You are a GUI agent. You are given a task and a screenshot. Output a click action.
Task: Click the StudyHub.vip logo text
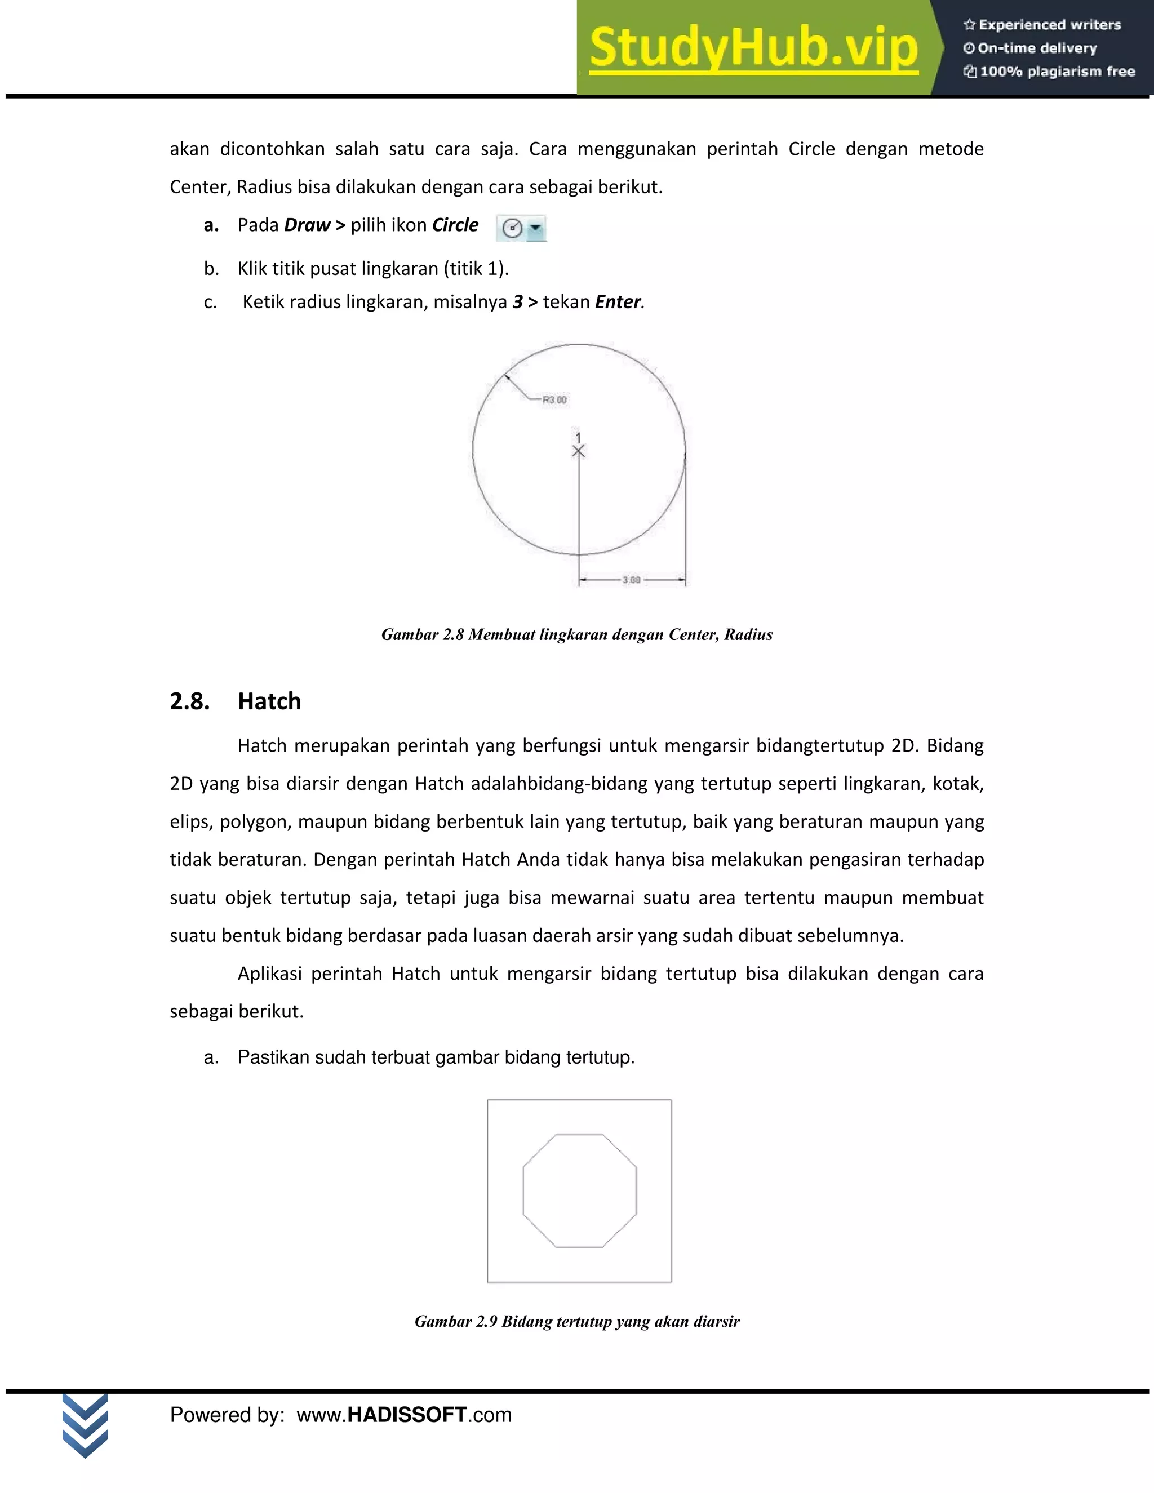(753, 48)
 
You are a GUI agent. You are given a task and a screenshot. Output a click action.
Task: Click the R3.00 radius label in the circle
(554, 400)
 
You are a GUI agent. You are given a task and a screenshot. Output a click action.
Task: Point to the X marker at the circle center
(578, 451)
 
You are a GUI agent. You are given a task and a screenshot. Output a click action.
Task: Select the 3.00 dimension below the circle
(631, 580)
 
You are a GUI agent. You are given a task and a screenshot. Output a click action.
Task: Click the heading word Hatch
(269, 701)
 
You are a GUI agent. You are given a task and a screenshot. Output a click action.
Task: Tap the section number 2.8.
(189, 701)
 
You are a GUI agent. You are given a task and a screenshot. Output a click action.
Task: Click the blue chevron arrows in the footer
(85, 1426)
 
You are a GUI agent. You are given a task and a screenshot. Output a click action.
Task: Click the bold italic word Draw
(307, 225)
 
